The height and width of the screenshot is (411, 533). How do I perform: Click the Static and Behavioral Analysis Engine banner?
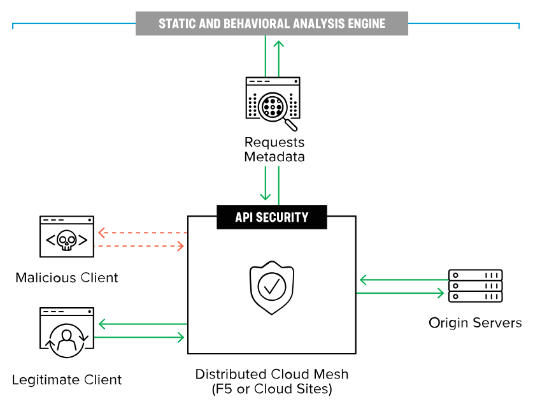[272, 24]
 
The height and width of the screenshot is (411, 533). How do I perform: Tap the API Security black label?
[272, 217]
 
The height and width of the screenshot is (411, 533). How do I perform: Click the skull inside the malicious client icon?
[67, 241]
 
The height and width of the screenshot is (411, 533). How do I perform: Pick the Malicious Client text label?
[67, 278]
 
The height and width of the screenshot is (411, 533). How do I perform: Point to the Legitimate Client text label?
[67, 380]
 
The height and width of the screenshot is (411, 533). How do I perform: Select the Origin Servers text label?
[475, 322]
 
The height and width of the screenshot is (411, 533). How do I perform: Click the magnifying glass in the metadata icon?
[275, 105]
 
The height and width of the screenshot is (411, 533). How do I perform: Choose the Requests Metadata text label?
[274, 149]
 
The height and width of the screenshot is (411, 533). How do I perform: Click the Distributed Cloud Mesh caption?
[272, 374]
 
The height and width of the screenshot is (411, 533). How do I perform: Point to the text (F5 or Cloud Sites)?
[272, 389]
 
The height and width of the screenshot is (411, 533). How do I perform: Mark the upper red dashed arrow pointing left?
[141, 233]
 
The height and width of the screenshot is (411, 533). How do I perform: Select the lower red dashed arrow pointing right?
[141, 245]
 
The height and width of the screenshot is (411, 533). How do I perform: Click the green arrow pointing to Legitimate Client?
[141, 325]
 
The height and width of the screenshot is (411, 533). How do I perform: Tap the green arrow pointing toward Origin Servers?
[401, 293]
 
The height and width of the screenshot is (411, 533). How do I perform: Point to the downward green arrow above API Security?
[265, 185]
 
